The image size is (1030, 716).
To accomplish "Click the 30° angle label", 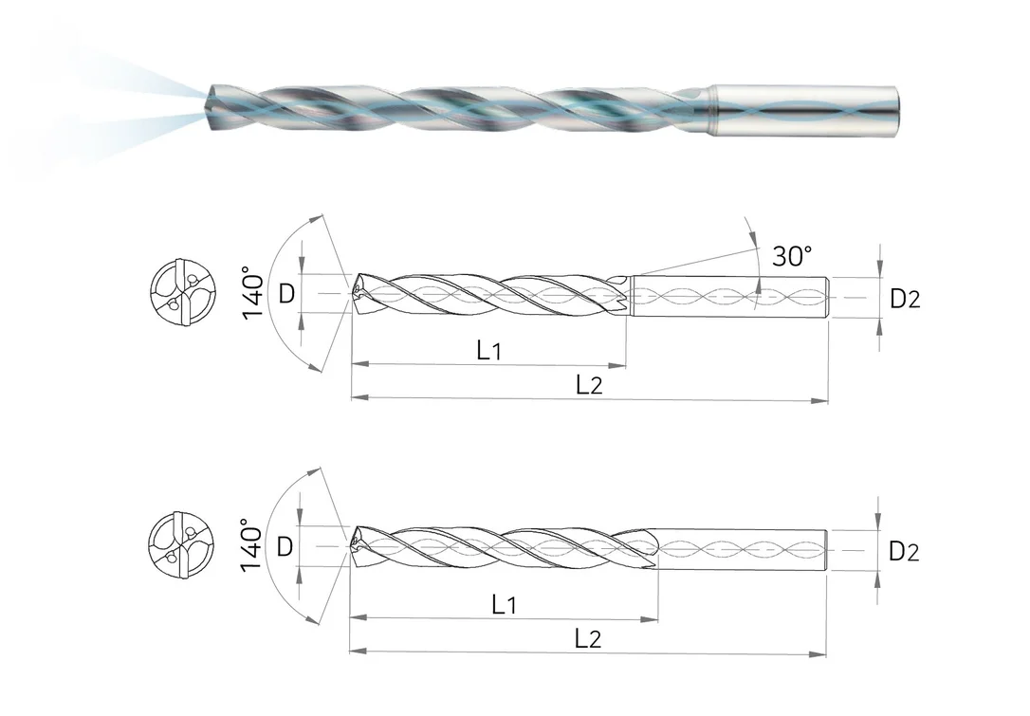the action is point(792,255).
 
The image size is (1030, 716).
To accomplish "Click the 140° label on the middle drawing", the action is point(253,292).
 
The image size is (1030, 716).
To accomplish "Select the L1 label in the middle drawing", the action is point(488,350).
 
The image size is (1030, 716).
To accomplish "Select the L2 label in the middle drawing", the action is point(589,384).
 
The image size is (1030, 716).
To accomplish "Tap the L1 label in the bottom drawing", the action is point(504,604).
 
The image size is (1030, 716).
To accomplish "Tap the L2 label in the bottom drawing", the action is point(588,638).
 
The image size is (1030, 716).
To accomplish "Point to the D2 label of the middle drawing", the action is point(905,299).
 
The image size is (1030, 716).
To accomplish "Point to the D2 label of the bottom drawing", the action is point(904,551).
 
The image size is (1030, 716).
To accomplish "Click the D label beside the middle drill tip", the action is point(286,294).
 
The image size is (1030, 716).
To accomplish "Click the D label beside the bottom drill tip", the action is point(285,546).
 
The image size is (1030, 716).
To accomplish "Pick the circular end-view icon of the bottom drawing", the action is point(182,544).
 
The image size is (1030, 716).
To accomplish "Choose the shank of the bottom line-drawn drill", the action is point(741,550).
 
